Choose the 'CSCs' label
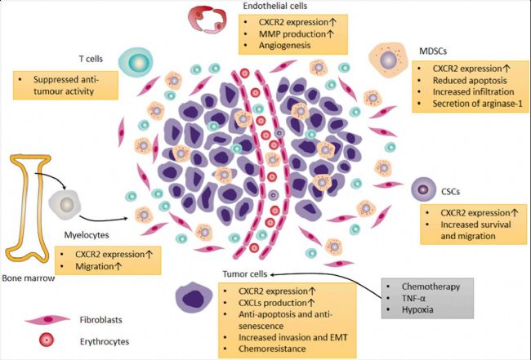tap(452, 191)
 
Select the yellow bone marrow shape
tap(30, 208)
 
